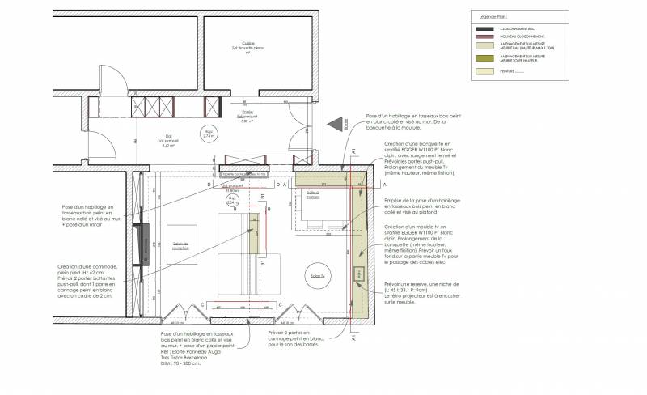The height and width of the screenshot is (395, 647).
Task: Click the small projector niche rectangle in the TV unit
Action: (x=358, y=274)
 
